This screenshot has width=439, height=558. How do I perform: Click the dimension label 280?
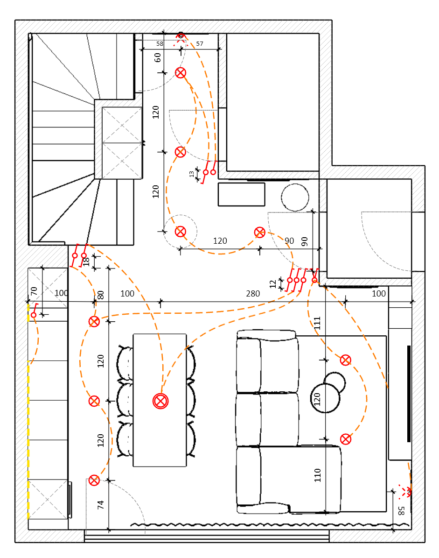point(253,294)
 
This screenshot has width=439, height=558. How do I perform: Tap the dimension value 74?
point(101,504)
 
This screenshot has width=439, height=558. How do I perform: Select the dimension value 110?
point(318,475)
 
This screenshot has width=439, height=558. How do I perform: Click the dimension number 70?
point(34,291)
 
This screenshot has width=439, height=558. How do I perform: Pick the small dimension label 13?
point(191,174)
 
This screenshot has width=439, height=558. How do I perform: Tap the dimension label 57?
point(200,43)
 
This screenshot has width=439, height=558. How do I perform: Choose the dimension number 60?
point(158,57)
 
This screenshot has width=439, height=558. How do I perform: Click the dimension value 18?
point(86,262)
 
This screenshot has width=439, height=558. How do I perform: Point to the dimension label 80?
point(100,295)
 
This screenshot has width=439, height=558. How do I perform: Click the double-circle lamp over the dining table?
point(160,401)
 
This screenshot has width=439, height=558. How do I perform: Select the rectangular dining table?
point(160,439)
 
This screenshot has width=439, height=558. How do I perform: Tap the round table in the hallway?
point(295,197)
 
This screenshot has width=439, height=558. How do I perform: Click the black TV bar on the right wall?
point(409,394)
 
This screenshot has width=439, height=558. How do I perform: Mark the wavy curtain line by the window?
point(261,525)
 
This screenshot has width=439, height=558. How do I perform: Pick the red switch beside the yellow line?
point(34,315)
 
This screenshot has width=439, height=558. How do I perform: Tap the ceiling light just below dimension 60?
point(181,72)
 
